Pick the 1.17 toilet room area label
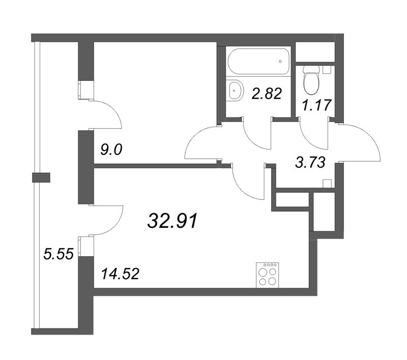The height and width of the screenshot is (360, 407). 317,105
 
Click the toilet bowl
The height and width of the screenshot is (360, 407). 310,80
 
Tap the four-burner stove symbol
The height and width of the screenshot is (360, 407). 268,276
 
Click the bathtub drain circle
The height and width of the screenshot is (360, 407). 280,62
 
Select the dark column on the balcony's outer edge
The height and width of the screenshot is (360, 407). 41,177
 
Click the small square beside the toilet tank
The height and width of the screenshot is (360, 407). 327,70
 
